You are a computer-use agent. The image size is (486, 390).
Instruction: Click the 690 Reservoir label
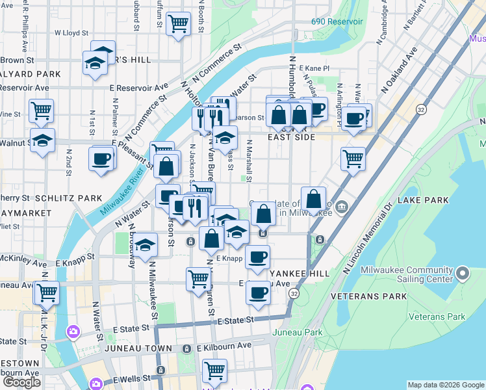click(x=337, y=21)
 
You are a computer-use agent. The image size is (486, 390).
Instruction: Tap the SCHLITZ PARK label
click(x=68, y=198)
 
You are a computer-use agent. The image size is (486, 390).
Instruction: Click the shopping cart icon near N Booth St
click(x=178, y=24)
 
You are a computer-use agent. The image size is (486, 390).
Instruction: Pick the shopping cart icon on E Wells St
click(x=214, y=370)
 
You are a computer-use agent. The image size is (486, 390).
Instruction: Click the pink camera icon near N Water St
click(x=73, y=331)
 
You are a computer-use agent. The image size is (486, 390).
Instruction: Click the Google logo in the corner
click(x=21, y=382)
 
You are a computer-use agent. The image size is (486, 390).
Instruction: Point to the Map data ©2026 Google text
click(x=446, y=385)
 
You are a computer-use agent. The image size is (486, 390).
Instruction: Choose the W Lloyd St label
click(x=71, y=32)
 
